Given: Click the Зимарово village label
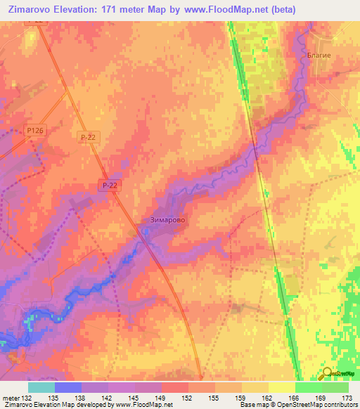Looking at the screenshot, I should coord(168,220).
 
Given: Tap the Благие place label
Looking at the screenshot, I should coord(319,55).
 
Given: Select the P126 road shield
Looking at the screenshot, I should coord(35,131).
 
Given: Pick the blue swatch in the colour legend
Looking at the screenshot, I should coord(67,387).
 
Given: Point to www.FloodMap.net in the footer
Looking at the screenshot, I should coord(144,405).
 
